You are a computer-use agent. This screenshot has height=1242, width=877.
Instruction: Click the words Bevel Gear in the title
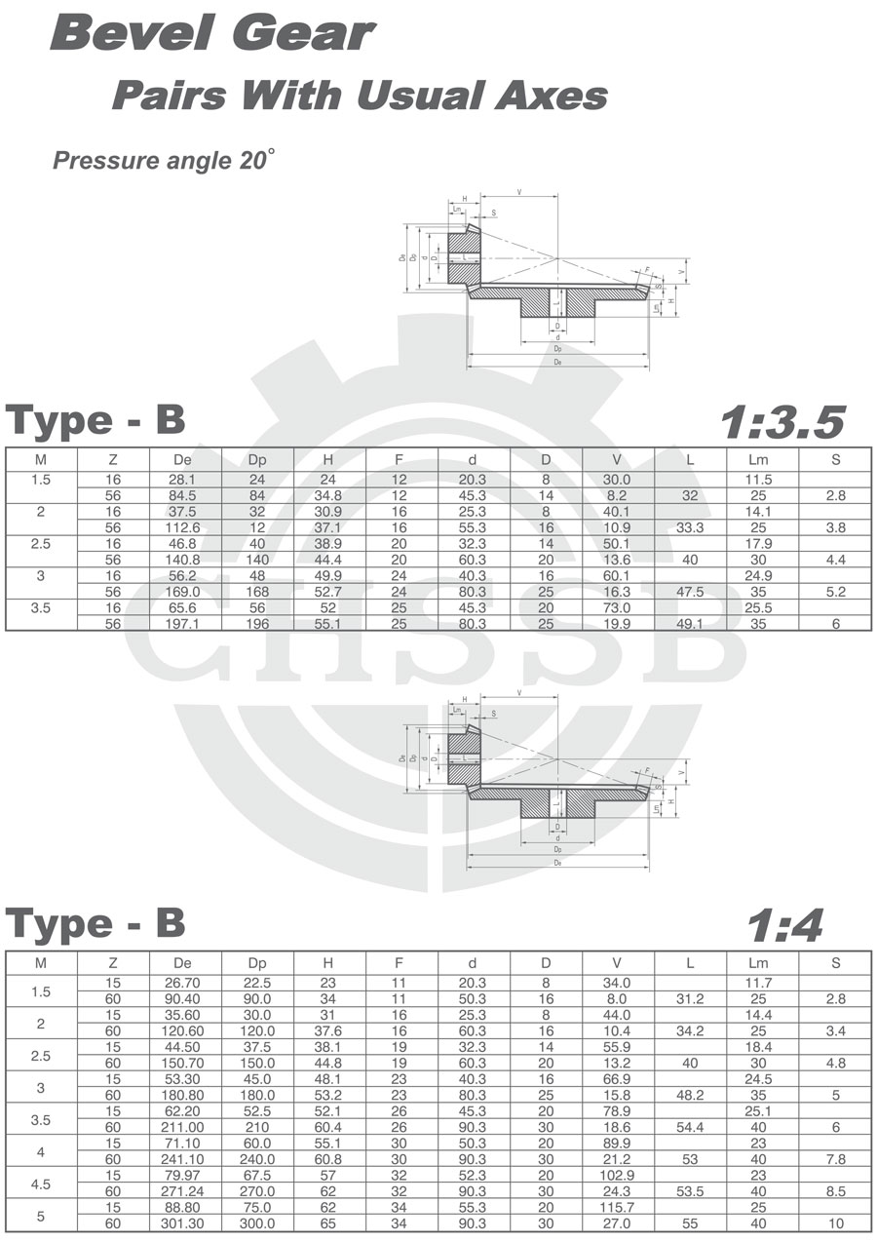(x=212, y=34)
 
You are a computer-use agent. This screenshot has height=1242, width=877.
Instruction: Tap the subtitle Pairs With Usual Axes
(x=360, y=96)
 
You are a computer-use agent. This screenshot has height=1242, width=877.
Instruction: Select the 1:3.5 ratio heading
(x=782, y=421)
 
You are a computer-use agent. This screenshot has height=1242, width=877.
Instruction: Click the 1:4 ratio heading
(x=784, y=925)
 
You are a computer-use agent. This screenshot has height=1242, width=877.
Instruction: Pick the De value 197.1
(x=184, y=624)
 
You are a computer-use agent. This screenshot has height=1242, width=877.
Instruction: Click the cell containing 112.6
(x=184, y=527)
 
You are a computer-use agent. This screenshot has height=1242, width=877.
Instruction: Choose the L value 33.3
(x=690, y=527)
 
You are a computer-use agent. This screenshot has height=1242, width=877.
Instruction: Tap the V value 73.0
(x=618, y=607)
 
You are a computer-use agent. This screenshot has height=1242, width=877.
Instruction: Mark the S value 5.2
(x=835, y=592)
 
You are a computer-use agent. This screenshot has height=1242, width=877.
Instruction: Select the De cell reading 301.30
(x=184, y=1223)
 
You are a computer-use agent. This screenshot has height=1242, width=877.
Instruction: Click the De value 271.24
(x=184, y=1191)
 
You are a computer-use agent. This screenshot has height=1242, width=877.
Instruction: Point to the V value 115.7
(x=618, y=1207)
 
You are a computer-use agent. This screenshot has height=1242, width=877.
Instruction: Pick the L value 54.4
(x=690, y=1127)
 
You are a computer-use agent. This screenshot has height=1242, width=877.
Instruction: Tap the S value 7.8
(x=835, y=1159)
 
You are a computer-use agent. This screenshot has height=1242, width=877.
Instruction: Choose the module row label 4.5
(x=41, y=1184)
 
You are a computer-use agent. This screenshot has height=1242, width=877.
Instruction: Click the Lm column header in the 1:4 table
(x=762, y=963)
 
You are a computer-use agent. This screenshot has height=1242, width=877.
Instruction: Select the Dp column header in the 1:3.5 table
(x=256, y=459)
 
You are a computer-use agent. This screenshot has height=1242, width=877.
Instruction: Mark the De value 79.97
(x=184, y=1175)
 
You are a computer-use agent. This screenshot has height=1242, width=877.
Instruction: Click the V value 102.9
(x=618, y=1175)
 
